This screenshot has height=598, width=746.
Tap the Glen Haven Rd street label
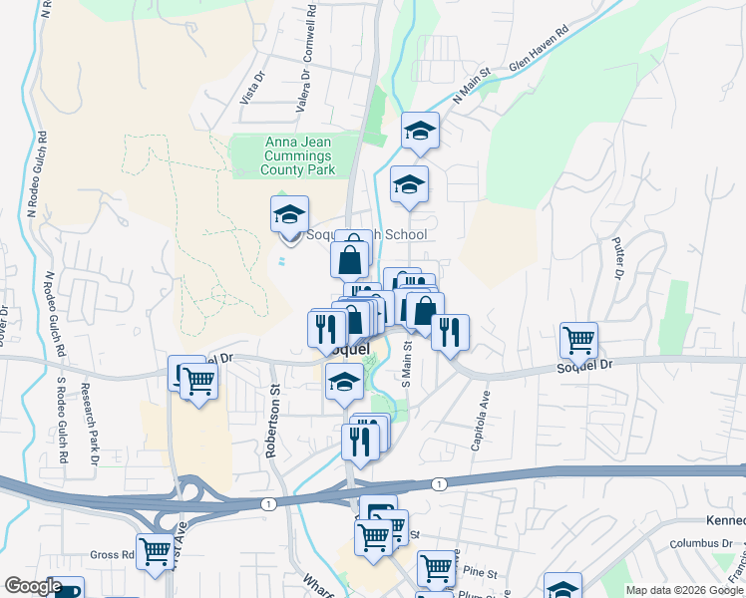pos(538,62)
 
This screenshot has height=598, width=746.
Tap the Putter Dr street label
pos(617,256)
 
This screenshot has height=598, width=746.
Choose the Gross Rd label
pos(112,555)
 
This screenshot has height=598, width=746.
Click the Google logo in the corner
pos(33,586)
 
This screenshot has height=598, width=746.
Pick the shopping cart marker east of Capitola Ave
pos(578,340)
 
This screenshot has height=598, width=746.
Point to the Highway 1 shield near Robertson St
pos(268,504)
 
